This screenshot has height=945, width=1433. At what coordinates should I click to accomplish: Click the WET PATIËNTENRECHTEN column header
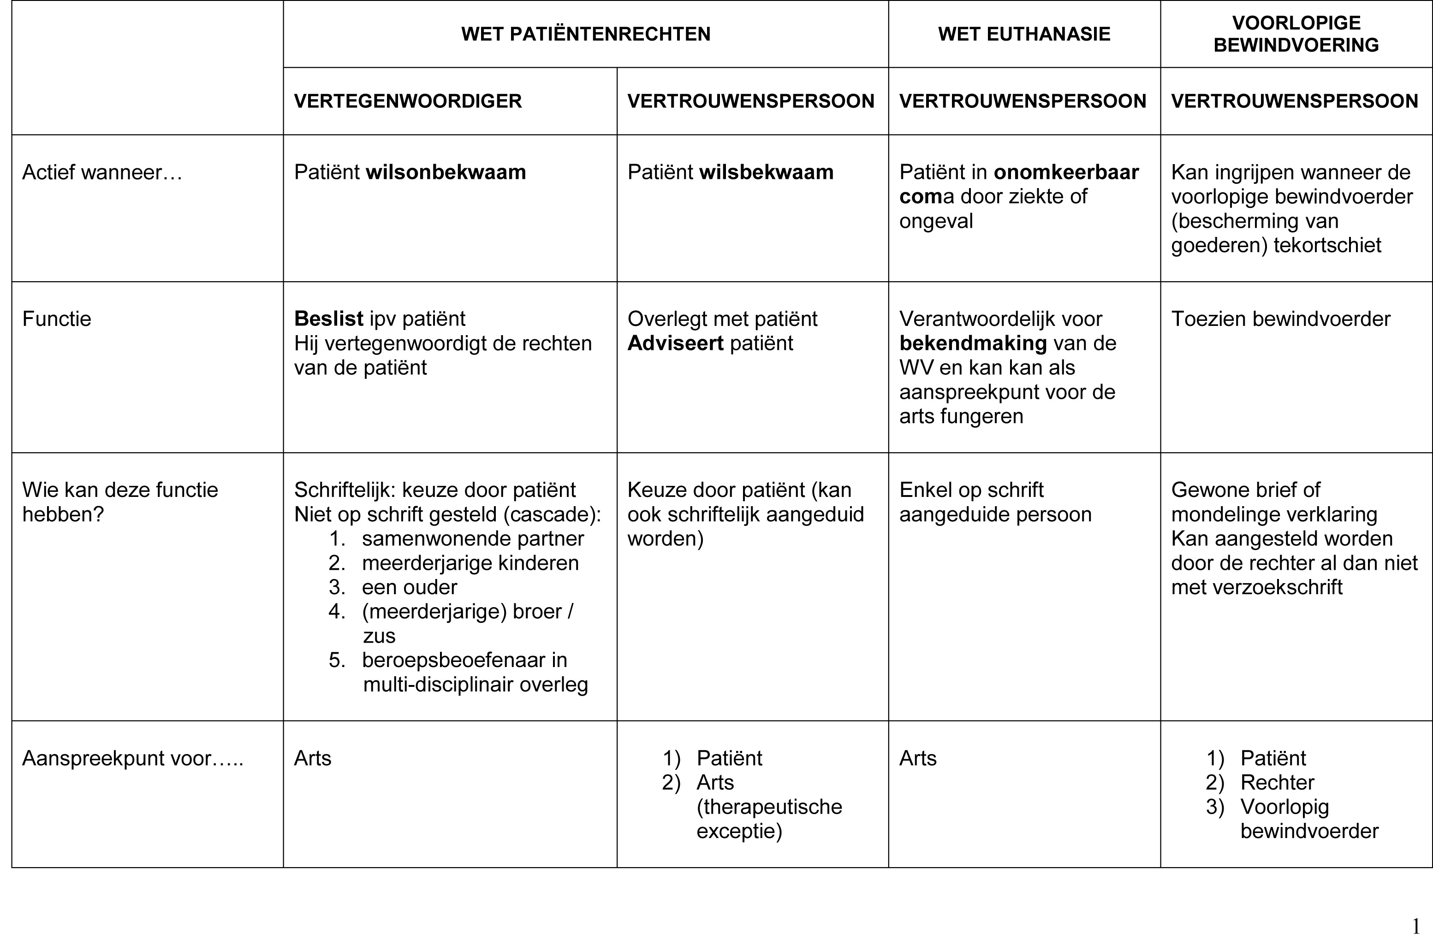[x=585, y=34]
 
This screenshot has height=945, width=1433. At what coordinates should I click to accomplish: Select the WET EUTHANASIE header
[x=1023, y=34]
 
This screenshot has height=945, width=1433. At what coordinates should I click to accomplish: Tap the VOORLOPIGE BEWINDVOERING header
[x=1296, y=34]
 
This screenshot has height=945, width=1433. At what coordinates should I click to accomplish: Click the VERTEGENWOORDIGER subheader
[x=408, y=100]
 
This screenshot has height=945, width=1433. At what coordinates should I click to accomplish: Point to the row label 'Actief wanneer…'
[x=102, y=172]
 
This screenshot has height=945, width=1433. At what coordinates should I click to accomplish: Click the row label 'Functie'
[x=57, y=319]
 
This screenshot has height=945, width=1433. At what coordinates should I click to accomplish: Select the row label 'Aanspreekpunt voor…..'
[x=133, y=758]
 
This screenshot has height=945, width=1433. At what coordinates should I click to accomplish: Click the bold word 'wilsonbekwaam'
[x=446, y=172]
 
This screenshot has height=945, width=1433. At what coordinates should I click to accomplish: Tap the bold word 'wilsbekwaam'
[x=766, y=172]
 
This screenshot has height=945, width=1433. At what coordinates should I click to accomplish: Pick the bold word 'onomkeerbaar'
[x=1066, y=172]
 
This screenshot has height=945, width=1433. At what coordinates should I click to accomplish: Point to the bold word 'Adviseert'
[x=675, y=343]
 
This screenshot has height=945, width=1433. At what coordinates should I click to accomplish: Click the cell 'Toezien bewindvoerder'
[x=1280, y=319]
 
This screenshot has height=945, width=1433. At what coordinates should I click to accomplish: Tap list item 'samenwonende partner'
[x=473, y=539]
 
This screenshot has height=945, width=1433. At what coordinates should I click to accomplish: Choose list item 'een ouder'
[x=410, y=587]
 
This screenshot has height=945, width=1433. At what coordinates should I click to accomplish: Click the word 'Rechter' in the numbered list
[x=1277, y=782]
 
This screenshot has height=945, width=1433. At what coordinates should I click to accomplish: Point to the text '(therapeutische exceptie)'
[x=769, y=818]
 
